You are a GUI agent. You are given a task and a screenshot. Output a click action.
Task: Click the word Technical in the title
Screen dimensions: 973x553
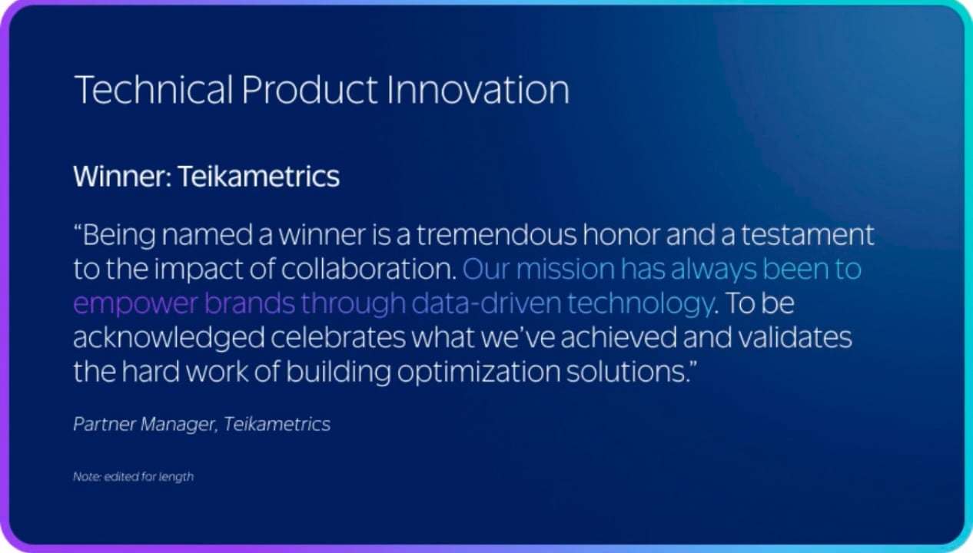point(154,90)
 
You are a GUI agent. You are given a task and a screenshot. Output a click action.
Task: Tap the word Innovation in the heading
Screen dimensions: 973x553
point(478,90)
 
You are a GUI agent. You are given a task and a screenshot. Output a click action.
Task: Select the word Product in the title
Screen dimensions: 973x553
point(310,90)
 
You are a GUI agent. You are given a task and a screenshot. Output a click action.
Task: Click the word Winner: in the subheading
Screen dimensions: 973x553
point(122,176)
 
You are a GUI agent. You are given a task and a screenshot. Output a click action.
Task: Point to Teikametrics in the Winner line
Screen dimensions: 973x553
point(259,176)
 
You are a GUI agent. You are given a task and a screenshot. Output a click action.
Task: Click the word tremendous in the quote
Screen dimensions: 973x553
point(496,235)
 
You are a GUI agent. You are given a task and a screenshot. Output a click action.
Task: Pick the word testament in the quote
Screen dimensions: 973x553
point(808,235)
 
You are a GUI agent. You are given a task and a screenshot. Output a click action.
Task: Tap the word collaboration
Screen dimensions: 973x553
point(369,269)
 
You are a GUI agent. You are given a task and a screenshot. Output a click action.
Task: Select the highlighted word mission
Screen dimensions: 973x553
point(565,269)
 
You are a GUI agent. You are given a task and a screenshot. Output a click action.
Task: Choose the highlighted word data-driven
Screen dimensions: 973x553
point(486,303)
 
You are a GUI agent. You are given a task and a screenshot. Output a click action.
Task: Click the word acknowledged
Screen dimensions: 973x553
point(169,338)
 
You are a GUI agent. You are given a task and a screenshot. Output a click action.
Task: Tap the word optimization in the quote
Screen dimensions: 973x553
point(479,373)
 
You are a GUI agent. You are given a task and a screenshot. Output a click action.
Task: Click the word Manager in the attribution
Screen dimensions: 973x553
point(179,424)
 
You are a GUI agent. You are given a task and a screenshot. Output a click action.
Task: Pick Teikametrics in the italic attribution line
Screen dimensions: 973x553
point(277,424)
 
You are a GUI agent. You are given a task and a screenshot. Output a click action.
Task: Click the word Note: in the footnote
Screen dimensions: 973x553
point(88,477)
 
